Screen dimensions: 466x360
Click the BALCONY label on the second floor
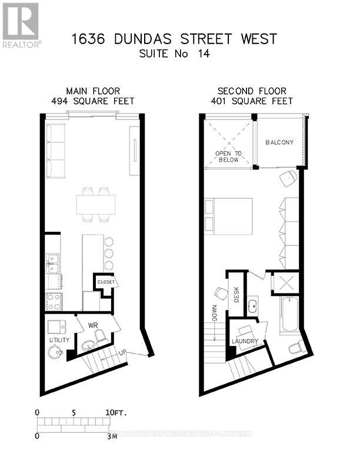click(279, 143)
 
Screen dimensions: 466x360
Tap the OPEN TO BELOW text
click(227, 157)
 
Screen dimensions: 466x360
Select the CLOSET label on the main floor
click(106, 282)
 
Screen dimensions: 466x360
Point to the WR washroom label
click(93, 324)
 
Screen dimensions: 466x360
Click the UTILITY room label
click(59, 340)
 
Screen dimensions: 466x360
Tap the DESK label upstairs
click(236, 294)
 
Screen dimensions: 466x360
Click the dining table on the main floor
click(95, 204)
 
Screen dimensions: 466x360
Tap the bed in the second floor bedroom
click(228, 216)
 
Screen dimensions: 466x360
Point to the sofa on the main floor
click(56, 151)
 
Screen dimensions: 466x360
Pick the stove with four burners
click(54, 301)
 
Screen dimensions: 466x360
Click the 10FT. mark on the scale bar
click(116, 412)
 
